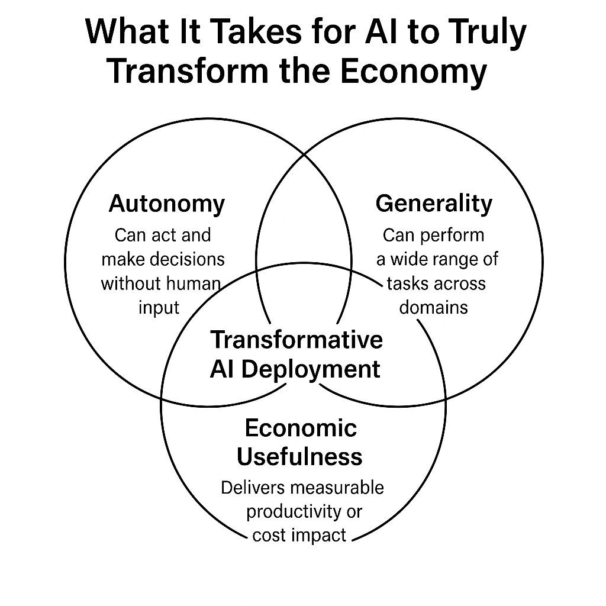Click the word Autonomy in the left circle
(x=167, y=204)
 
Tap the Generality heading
(x=434, y=204)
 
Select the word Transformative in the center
(x=296, y=340)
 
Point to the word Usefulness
(x=299, y=456)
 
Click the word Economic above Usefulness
(x=301, y=428)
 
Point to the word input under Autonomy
(x=159, y=308)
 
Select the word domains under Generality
(x=434, y=308)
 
